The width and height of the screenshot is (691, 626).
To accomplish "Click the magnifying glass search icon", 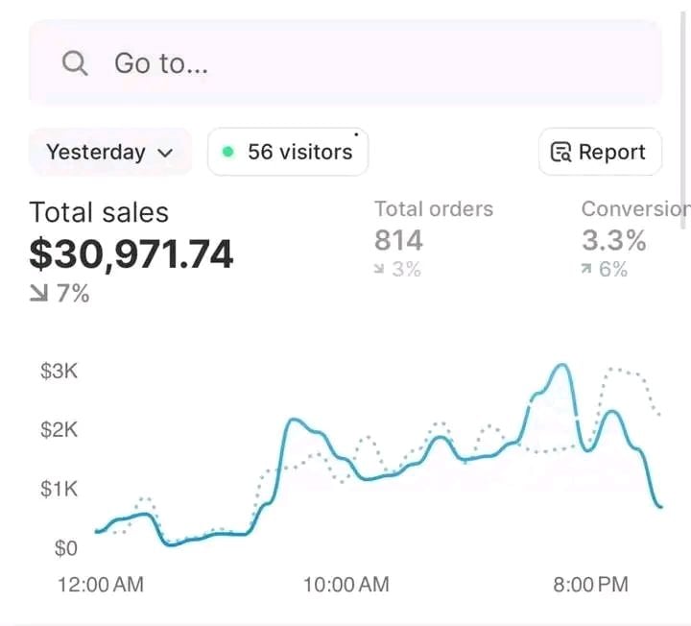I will pos(74,63).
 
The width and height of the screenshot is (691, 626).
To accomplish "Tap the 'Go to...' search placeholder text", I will pos(161,63).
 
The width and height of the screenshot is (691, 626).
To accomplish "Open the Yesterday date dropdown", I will pos(109,152).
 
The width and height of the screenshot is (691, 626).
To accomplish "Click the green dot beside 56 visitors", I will pos(227,152).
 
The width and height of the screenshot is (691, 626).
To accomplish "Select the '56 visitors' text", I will pos(299,152).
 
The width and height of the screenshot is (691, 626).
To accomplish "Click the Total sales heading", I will pos(99,212).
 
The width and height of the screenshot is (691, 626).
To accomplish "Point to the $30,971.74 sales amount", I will pos(131,254).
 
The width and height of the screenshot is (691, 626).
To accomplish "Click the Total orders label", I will pos(433,209).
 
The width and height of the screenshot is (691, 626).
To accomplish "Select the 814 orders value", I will pos(398,240).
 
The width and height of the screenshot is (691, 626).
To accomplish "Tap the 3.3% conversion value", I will pos(613,240).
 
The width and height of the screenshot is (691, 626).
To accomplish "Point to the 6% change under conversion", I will pos(605,270).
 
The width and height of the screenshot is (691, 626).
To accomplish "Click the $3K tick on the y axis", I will pos(59,372).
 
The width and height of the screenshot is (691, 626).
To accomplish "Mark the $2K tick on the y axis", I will pos(59,429).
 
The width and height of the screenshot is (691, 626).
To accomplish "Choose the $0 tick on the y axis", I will pos(65,548).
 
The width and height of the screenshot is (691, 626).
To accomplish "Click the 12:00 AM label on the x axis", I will pos(101,584).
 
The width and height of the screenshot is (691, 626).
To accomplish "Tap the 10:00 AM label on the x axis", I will pos(346,584).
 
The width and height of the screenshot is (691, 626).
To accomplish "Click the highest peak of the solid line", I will pos(562,365).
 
